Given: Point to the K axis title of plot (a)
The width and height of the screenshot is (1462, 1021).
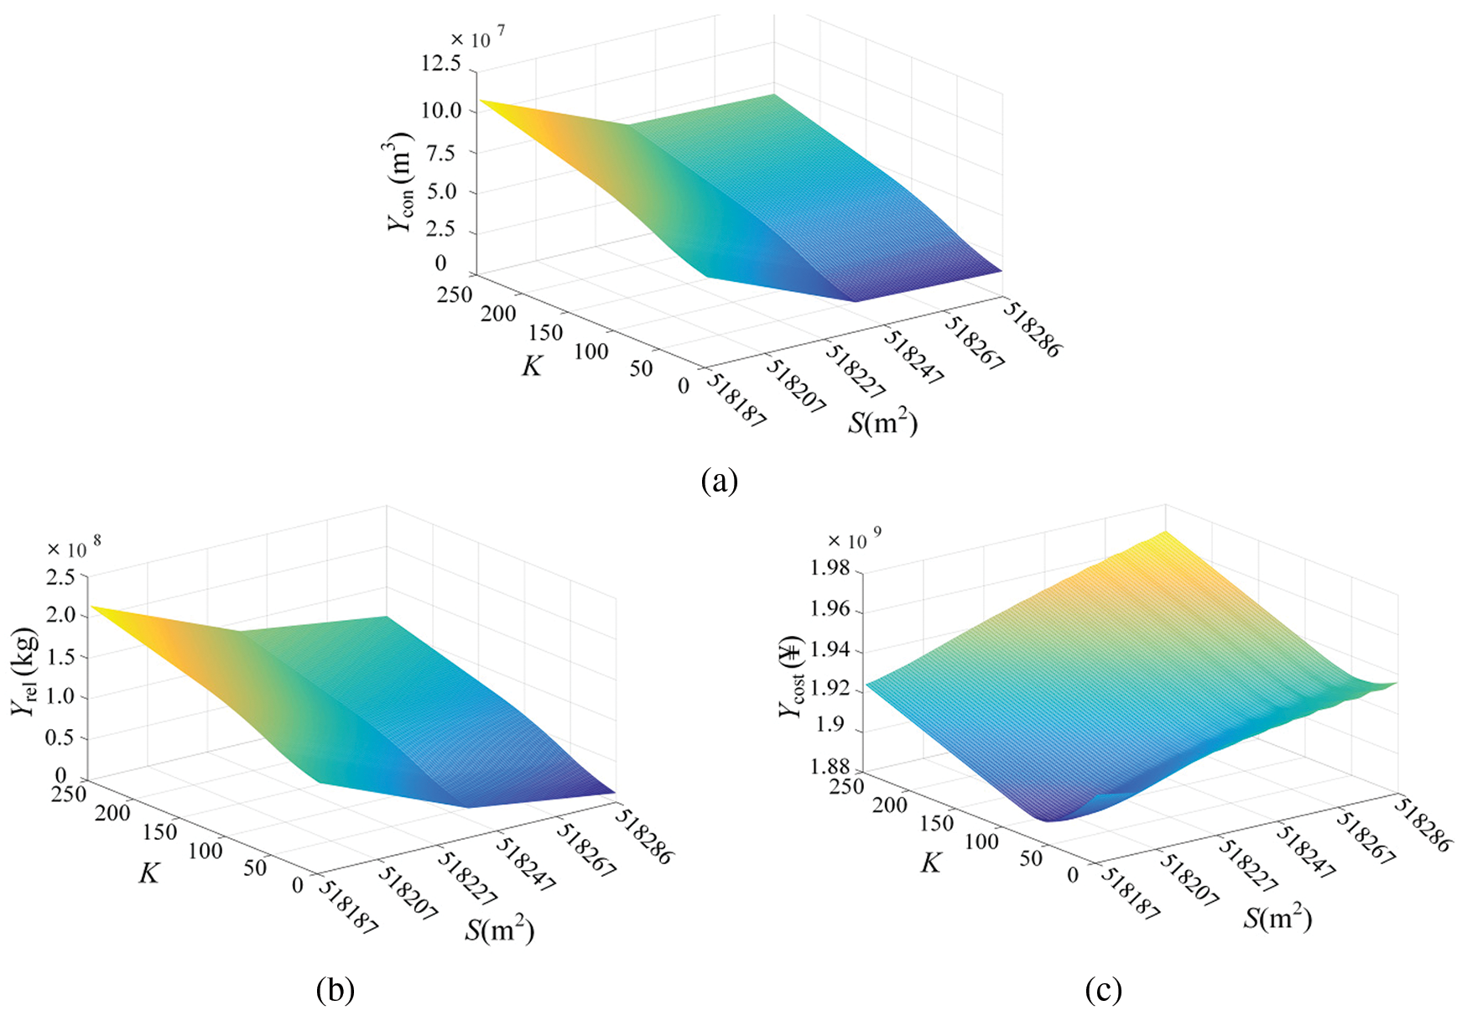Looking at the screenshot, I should (x=532, y=367).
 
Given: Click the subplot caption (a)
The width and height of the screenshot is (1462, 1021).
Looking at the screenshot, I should (x=719, y=481).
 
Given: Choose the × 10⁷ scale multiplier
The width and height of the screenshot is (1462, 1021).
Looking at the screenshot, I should (x=477, y=39).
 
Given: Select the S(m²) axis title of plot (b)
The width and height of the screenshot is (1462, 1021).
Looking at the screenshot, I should (x=500, y=930).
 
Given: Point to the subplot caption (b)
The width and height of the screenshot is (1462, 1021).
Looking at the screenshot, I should (x=336, y=991).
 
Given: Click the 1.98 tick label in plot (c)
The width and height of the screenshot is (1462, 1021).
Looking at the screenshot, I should (x=829, y=570).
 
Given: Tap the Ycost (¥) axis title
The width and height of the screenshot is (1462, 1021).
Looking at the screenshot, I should (x=793, y=677).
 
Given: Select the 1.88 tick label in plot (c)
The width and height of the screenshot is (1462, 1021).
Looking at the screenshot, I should (x=829, y=767).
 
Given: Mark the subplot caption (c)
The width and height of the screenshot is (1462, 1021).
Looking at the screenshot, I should (x=1103, y=991).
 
